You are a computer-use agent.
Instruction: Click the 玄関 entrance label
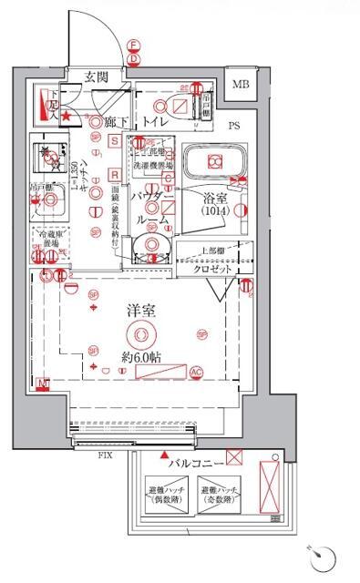(98, 76)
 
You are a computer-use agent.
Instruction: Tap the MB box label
(239, 84)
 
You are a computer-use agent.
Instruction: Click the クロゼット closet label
(211, 270)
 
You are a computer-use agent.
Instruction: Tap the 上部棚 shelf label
(215, 252)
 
